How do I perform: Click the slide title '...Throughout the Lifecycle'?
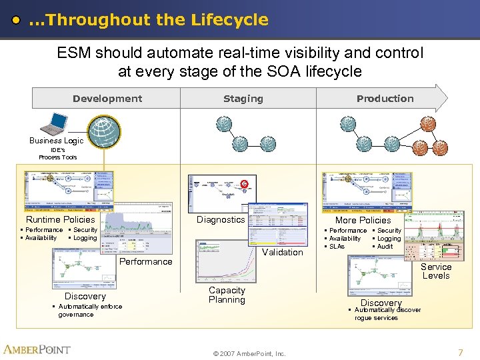(148, 20)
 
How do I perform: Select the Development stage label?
(107, 99)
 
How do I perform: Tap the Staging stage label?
(243, 99)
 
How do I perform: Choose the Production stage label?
(385, 99)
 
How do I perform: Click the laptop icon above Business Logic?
(55, 124)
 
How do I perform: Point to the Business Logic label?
(57, 141)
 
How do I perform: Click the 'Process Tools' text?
(58, 157)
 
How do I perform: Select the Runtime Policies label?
(60, 219)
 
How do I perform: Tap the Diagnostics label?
(221, 219)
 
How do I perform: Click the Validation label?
(283, 252)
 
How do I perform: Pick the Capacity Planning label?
(227, 295)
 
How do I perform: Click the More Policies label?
(363, 220)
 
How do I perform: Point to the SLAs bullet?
(337, 247)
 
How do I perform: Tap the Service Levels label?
(436, 271)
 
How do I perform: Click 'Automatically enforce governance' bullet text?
(89, 311)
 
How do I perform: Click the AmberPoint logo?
(37, 349)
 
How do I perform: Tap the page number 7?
(460, 351)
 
